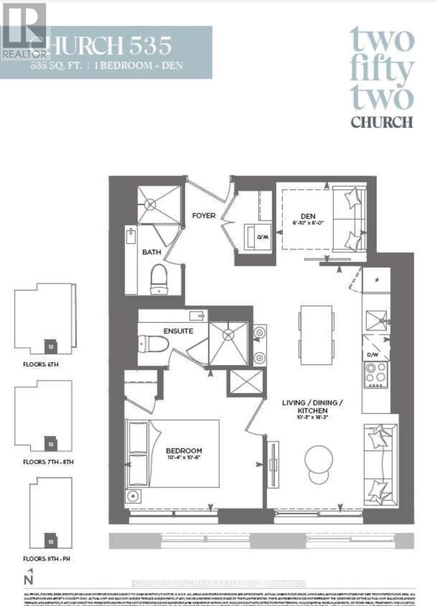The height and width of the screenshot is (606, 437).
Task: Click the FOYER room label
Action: pyautogui.click(x=204, y=216)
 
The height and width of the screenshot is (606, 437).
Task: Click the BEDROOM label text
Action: pyautogui.click(x=184, y=450)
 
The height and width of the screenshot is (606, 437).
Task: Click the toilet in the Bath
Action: pyautogui.click(x=159, y=278)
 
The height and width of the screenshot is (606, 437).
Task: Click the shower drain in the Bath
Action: pyautogui.click(x=151, y=204)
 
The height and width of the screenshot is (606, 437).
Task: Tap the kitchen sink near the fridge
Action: pyautogui.click(x=376, y=320)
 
